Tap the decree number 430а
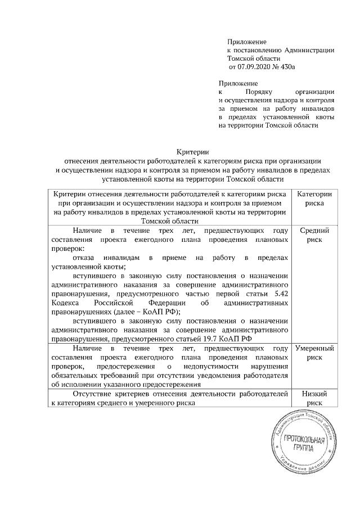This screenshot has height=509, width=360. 287,66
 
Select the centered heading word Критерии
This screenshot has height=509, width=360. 192,151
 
